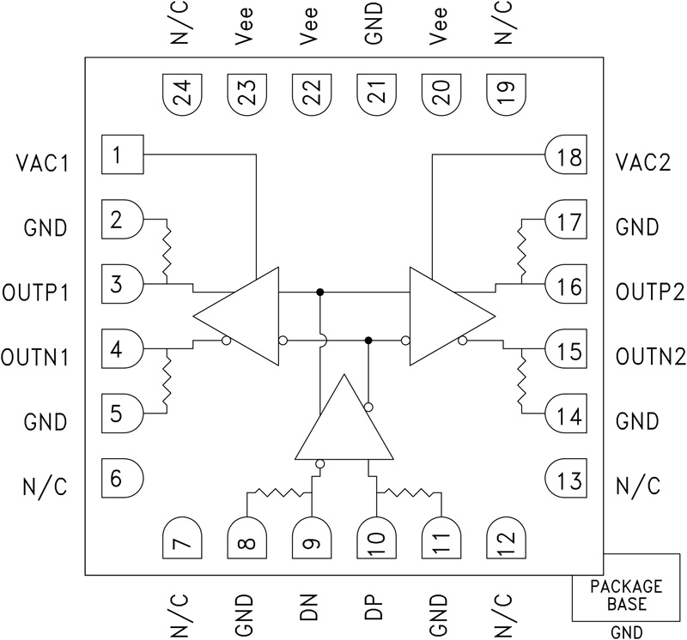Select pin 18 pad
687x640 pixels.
(x=566, y=157)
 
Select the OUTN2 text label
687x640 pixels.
(x=649, y=356)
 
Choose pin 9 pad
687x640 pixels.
(x=311, y=537)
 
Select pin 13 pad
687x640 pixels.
(x=566, y=479)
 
